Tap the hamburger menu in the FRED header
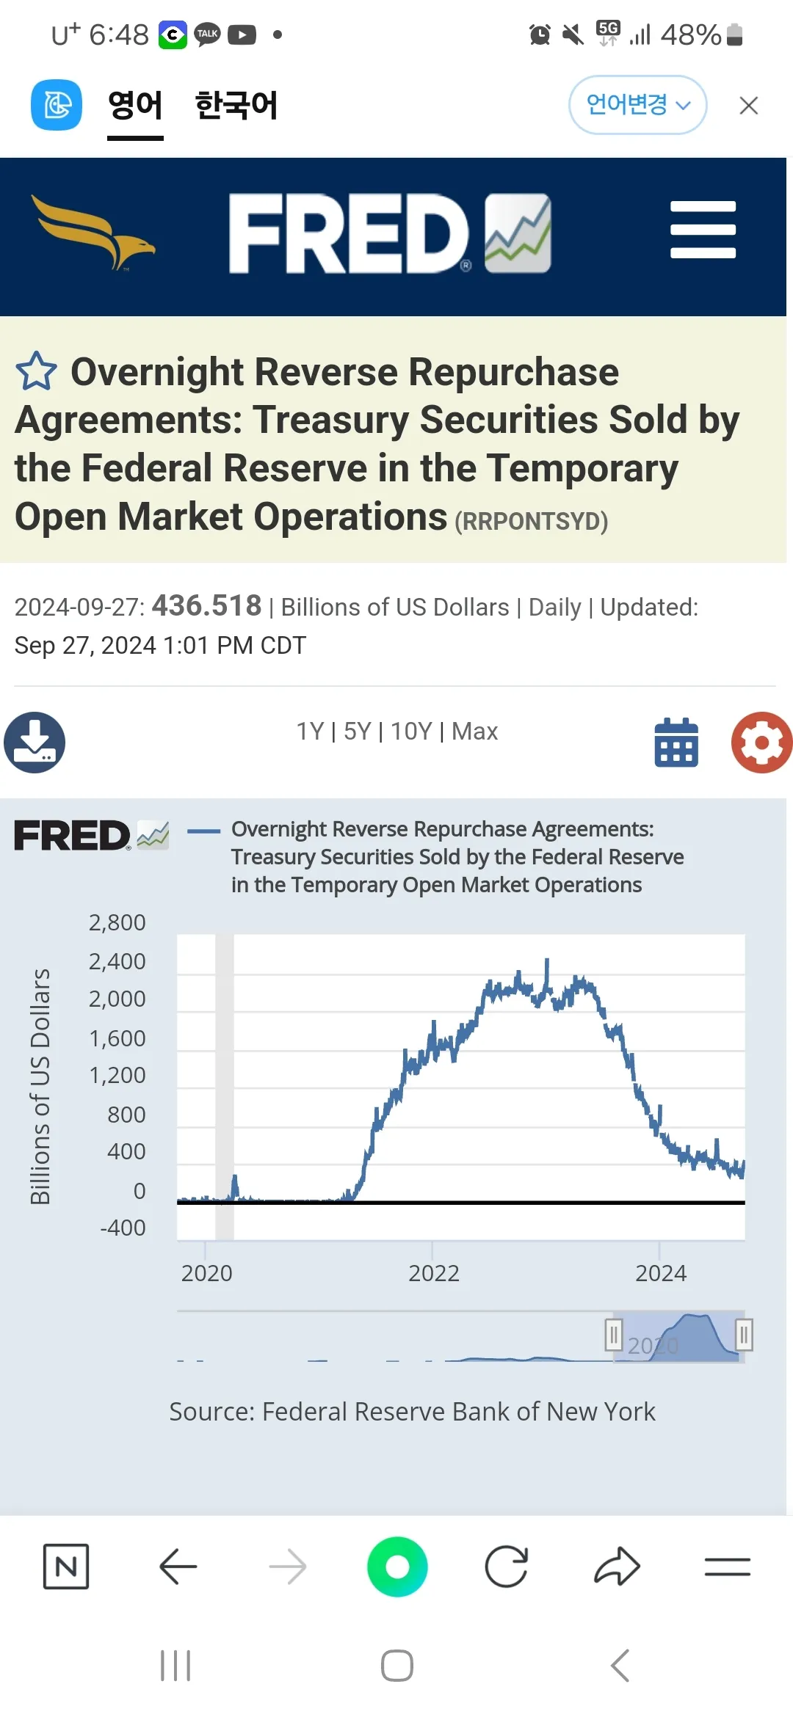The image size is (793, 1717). click(x=703, y=230)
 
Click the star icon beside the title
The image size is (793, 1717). click(x=36, y=371)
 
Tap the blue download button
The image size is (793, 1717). click(x=35, y=742)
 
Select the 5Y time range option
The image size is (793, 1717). click(x=358, y=732)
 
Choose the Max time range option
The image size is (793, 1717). click(x=474, y=732)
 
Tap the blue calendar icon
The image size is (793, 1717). click(x=676, y=743)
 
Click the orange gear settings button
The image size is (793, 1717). click(x=761, y=743)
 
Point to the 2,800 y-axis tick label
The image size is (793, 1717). click(x=117, y=922)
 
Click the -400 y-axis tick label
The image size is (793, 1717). click(x=123, y=1228)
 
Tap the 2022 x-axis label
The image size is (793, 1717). click(x=434, y=1273)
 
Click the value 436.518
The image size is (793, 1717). click(x=206, y=606)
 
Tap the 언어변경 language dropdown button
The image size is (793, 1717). click(x=637, y=105)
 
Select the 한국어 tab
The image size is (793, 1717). click(x=236, y=105)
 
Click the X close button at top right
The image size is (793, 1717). click(x=748, y=106)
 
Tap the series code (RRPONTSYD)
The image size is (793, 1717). click(x=531, y=521)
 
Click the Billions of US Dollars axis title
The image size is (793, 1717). click(x=40, y=1086)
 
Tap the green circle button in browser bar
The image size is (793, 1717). click(x=397, y=1567)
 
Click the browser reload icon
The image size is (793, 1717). click(x=507, y=1567)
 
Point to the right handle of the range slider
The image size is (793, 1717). click(x=743, y=1335)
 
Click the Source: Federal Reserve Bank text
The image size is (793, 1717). click(x=412, y=1412)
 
